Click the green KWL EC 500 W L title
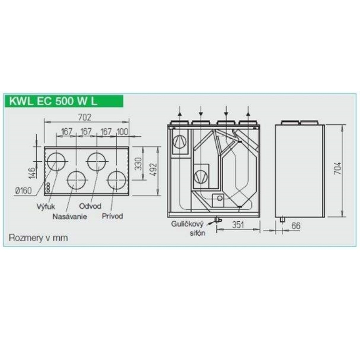click(x=53, y=101)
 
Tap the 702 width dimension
click(x=85, y=117)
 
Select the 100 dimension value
click(x=122, y=132)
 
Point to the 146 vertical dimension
click(x=32, y=172)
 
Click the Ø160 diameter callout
click(x=23, y=191)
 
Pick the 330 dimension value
click(x=138, y=164)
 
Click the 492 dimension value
click(x=153, y=169)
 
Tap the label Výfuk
click(x=46, y=206)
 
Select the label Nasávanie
click(x=70, y=216)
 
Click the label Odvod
click(x=90, y=206)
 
